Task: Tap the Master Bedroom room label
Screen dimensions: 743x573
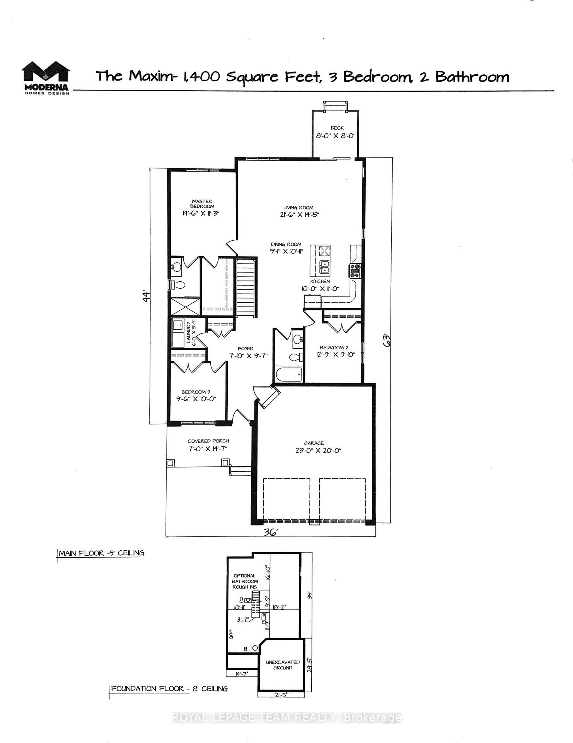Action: pos(202,204)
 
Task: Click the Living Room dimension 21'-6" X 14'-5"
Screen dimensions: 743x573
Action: pos(298,214)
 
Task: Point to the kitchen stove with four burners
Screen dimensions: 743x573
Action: pos(355,270)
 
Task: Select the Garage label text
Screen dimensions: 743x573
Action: pos(314,443)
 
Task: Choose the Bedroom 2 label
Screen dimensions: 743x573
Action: pos(334,348)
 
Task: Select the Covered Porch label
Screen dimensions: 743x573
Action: pos(208,441)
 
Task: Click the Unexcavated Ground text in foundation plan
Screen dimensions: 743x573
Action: pos(282,665)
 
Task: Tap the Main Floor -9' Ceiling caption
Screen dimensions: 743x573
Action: pos(101,553)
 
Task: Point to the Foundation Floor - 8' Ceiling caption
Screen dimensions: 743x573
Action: pos(169,688)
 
